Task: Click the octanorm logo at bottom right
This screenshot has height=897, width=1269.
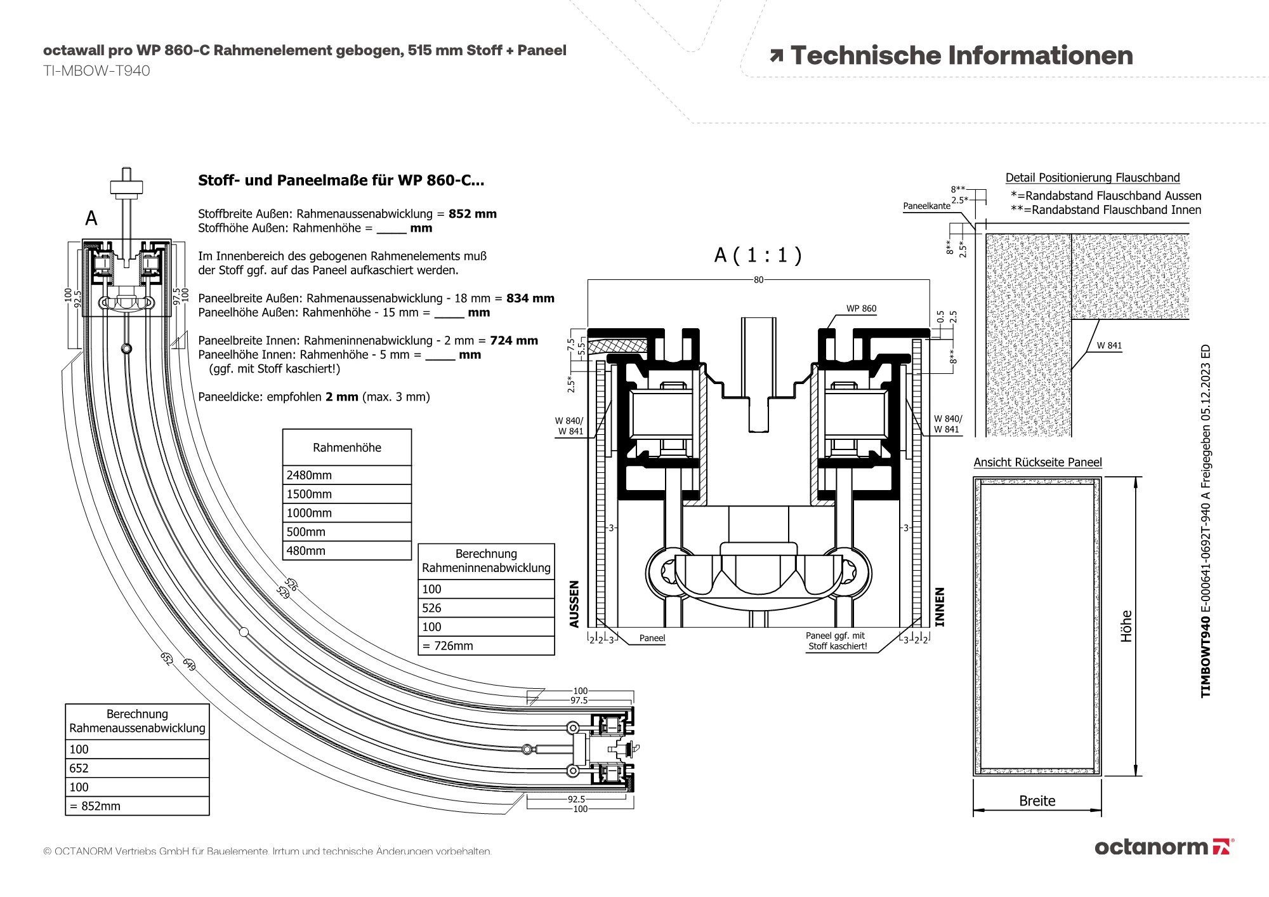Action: point(1164,847)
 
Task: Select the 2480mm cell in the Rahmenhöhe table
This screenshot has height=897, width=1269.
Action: point(346,475)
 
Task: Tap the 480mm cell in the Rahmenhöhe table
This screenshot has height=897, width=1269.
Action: point(346,550)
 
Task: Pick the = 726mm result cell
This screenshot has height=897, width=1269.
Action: point(486,646)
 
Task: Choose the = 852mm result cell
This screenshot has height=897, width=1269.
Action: point(137,806)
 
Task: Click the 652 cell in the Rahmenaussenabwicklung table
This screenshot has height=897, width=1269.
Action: point(137,768)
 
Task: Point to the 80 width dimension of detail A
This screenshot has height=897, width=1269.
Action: point(758,280)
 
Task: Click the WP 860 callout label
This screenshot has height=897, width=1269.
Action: point(861,309)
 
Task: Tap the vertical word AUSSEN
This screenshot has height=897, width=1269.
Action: point(574,604)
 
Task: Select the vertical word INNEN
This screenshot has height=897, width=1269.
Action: point(940,607)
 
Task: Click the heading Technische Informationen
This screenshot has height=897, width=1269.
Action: point(961,56)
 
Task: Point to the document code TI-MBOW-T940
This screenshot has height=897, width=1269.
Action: point(96,71)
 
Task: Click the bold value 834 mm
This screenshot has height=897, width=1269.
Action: point(530,298)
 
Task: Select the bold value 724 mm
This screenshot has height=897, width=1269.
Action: point(513,340)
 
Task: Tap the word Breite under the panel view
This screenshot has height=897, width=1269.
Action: point(1037,801)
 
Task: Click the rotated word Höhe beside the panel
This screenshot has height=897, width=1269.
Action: point(1126,626)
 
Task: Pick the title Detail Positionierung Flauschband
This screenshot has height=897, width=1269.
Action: point(1093,178)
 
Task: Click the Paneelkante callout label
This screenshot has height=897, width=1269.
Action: point(926,206)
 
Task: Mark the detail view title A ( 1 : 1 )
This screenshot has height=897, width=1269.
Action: point(758,255)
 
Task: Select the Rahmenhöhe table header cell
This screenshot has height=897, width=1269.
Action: point(346,448)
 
